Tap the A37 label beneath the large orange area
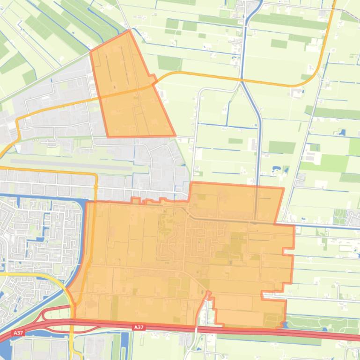click(139, 328)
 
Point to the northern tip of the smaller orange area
click(129, 31)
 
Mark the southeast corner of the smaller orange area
click(175, 136)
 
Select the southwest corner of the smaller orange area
click(108, 137)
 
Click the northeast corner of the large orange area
click(284, 188)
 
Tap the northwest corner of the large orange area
click(86, 202)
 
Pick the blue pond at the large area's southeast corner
click(283, 324)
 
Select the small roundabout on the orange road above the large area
click(96, 186)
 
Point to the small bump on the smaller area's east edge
click(151, 76)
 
